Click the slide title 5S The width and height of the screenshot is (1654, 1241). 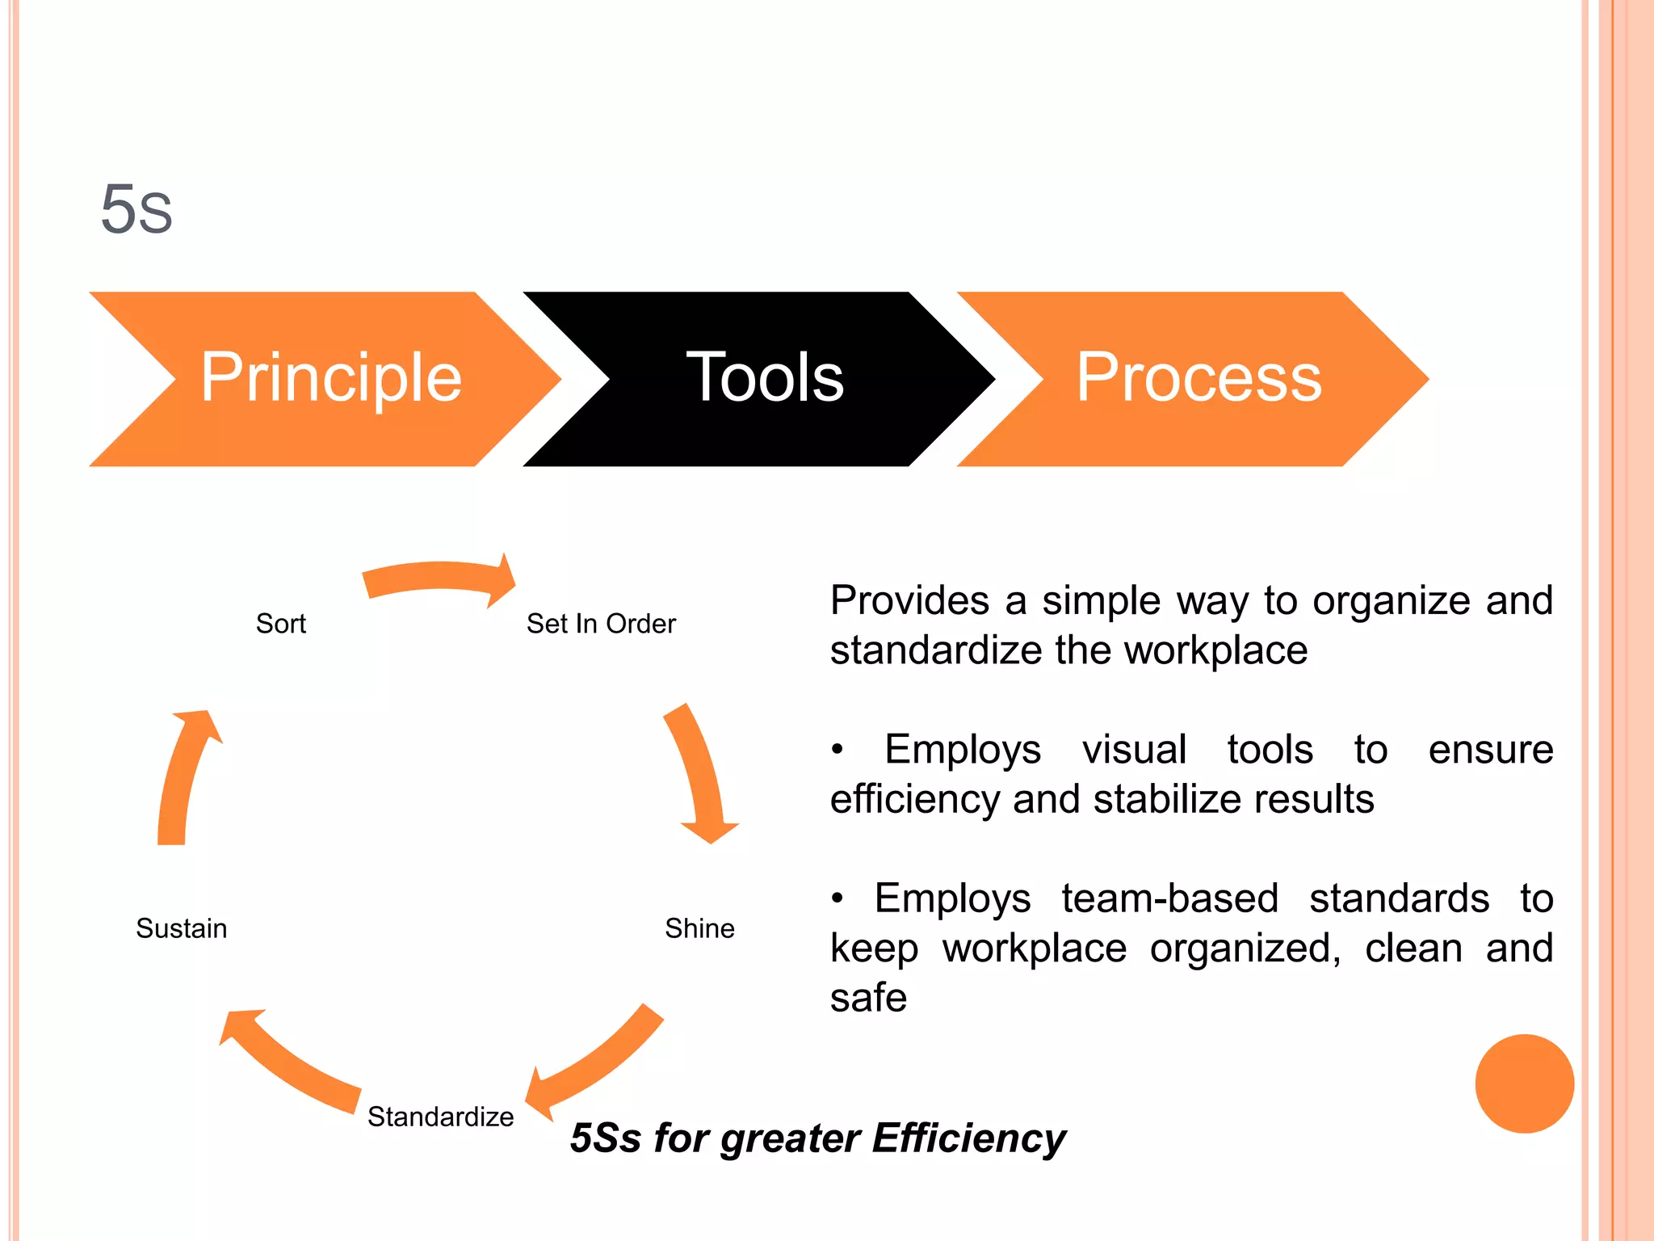pyautogui.click(x=136, y=209)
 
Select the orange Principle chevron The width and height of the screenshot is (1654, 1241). pyautogui.click(x=330, y=378)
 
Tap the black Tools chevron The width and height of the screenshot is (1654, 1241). pyautogui.click(x=764, y=378)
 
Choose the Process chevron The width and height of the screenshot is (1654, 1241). pyautogui.click(x=1199, y=378)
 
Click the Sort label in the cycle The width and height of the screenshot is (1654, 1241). pyautogui.click(x=280, y=624)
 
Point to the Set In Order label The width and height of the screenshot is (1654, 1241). pyautogui.click(x=601, y=624)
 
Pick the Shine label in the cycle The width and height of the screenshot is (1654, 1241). pyautogui.click(x=699, y=928)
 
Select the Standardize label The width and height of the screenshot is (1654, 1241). pyautogui.click(x=440, y=1117)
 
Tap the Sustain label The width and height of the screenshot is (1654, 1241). pyautogui.click(x=181, y=928)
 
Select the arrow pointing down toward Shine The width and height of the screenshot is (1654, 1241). pyautogui.click(x=698, y=776)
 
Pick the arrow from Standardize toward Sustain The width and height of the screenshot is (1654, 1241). pyautogui.click(x=291, y=1062)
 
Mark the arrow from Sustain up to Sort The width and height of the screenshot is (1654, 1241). pyautogui.click(x=184, y=776)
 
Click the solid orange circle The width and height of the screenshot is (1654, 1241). pyautogui.click(x=1524, y=1083)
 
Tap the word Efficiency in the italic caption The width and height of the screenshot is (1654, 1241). pyautogui.click(x=969, y=1138)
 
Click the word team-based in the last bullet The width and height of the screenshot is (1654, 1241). pyautogui.click(x=1170, y=898)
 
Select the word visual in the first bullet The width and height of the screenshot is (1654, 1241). pyautogui.click(x=1134, y=749)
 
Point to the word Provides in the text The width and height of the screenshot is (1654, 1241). pyautogui.click(x=910, y=600)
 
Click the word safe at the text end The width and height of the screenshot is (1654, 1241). pyautogui.click(x=868, y=998)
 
